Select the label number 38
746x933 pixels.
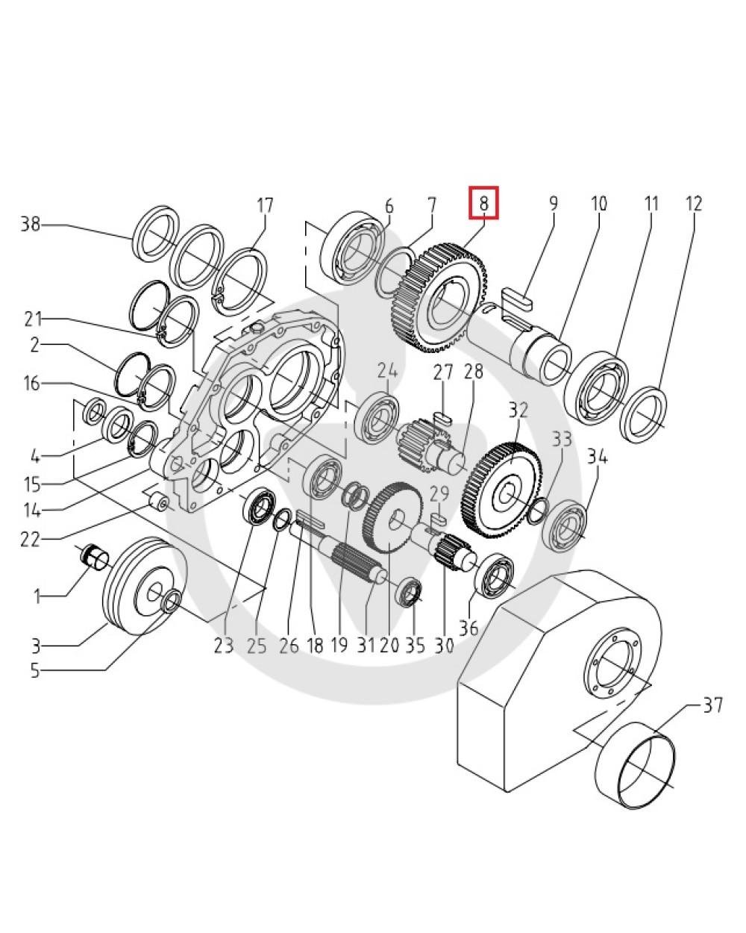[x=31, y=224]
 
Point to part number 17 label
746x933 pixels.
[x=265, y=205]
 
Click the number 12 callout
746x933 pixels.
[x=693, y=203]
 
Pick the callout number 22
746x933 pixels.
[x=30, y=538]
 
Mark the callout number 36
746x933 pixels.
[x=468, y=628]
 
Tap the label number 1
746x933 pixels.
[x=37, y=597]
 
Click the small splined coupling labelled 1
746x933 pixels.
[x=95, y=557]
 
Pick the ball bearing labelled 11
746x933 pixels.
[x=596, y=384]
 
